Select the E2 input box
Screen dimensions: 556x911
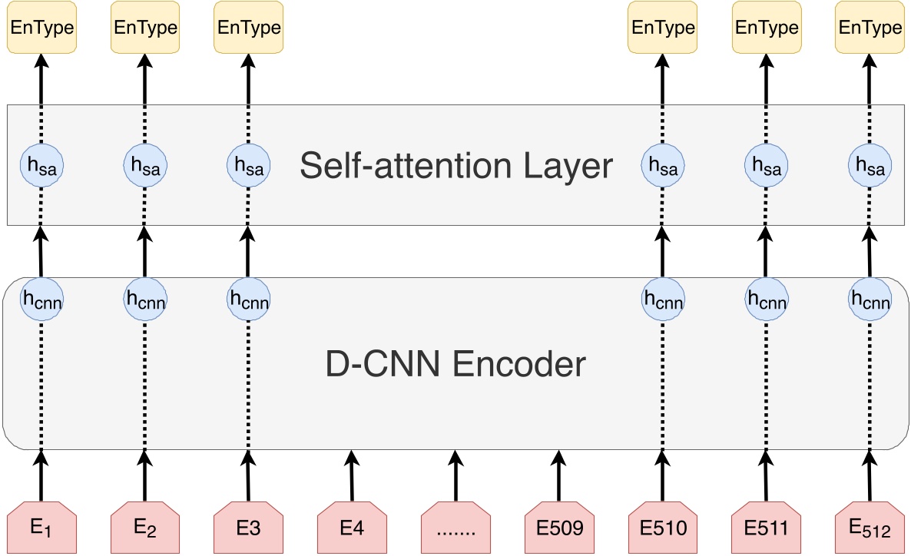(145, 527)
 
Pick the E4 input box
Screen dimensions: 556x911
(352, 527)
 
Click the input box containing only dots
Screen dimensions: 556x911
(455, 527)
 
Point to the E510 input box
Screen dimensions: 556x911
(661, 527)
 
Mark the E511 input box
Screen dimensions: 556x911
(766, 527)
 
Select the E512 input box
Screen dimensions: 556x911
(870, 527)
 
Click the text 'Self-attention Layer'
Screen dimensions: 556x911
(456, 165)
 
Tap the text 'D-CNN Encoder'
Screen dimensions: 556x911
(456, 363)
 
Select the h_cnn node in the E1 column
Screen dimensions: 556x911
(41, 299)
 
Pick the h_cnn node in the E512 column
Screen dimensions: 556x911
(870, 299)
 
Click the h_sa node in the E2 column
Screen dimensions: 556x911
(145, 165)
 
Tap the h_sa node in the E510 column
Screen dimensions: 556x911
(661, 165)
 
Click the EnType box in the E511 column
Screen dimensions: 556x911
(766, 28)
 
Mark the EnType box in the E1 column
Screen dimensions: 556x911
(41, 28)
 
